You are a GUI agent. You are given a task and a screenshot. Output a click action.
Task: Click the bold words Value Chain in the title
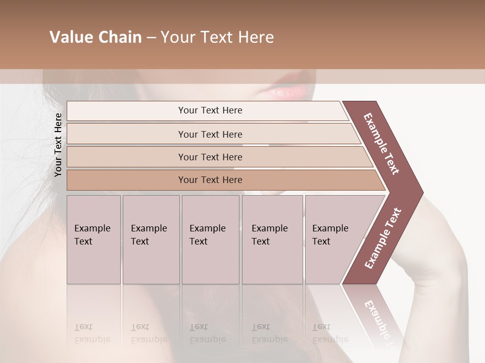click(95, 37)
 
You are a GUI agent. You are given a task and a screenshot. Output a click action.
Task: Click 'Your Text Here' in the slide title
click(217, 37)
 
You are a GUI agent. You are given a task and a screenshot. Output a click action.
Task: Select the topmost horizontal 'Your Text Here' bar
click(210, 110)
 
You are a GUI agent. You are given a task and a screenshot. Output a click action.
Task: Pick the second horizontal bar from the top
click(210, 134)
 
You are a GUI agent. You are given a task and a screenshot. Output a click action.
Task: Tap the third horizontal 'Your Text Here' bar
click(210, 157)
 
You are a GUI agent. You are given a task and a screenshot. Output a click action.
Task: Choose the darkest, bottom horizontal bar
click(210, 180)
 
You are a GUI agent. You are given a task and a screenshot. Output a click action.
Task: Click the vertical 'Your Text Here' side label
click(58, 145)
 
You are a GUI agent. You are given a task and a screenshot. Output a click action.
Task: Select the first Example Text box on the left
click(93, 239)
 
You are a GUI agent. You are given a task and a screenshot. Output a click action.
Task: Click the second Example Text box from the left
click(151, 239)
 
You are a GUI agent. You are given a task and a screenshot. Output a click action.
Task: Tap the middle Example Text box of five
click(210, 239)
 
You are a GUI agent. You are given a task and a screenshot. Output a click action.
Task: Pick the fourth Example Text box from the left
click(272, 239)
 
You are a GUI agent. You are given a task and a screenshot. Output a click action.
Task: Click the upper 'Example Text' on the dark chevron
click(381, 144)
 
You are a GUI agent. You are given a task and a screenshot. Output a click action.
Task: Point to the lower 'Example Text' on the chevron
click(383, 238)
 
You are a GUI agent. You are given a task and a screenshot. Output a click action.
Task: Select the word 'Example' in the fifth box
click(330, 228)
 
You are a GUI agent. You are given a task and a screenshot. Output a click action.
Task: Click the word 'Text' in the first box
click(83, 241)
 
